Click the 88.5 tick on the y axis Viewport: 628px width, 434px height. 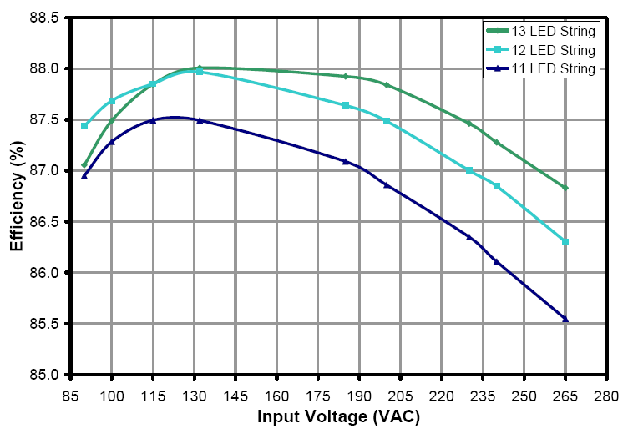pyautogui.click(x=47, y=18)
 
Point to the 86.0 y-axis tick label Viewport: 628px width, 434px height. pyautogui.click(x=47, y=273)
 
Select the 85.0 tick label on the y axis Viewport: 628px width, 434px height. pyautogui.click(x=47, y=375)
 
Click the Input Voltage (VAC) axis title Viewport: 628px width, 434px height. pyautogui.click(x=338, y=416)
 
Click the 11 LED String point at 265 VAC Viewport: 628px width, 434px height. pyautogui.click(x=565, y=319)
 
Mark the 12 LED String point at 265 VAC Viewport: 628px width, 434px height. pyautogui.click(x=565, y=241)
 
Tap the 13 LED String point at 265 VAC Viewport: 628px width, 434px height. pyautogui.click(x=565, y=188)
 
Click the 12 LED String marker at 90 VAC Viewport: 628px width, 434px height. pyautogui.click(x=84, y=126)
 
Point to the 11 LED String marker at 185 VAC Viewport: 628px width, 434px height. pyautogui.click(x=346, y=161)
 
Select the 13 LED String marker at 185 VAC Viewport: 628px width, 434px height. pyautogui.click(x=346, y=77)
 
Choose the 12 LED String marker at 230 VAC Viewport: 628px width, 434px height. pyautogui.click(x=469, y=170)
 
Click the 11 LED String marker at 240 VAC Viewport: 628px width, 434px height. pyautogui.click(x=497, y=261)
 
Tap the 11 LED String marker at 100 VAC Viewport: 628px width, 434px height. pyautogui.click(x=112, y=141)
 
